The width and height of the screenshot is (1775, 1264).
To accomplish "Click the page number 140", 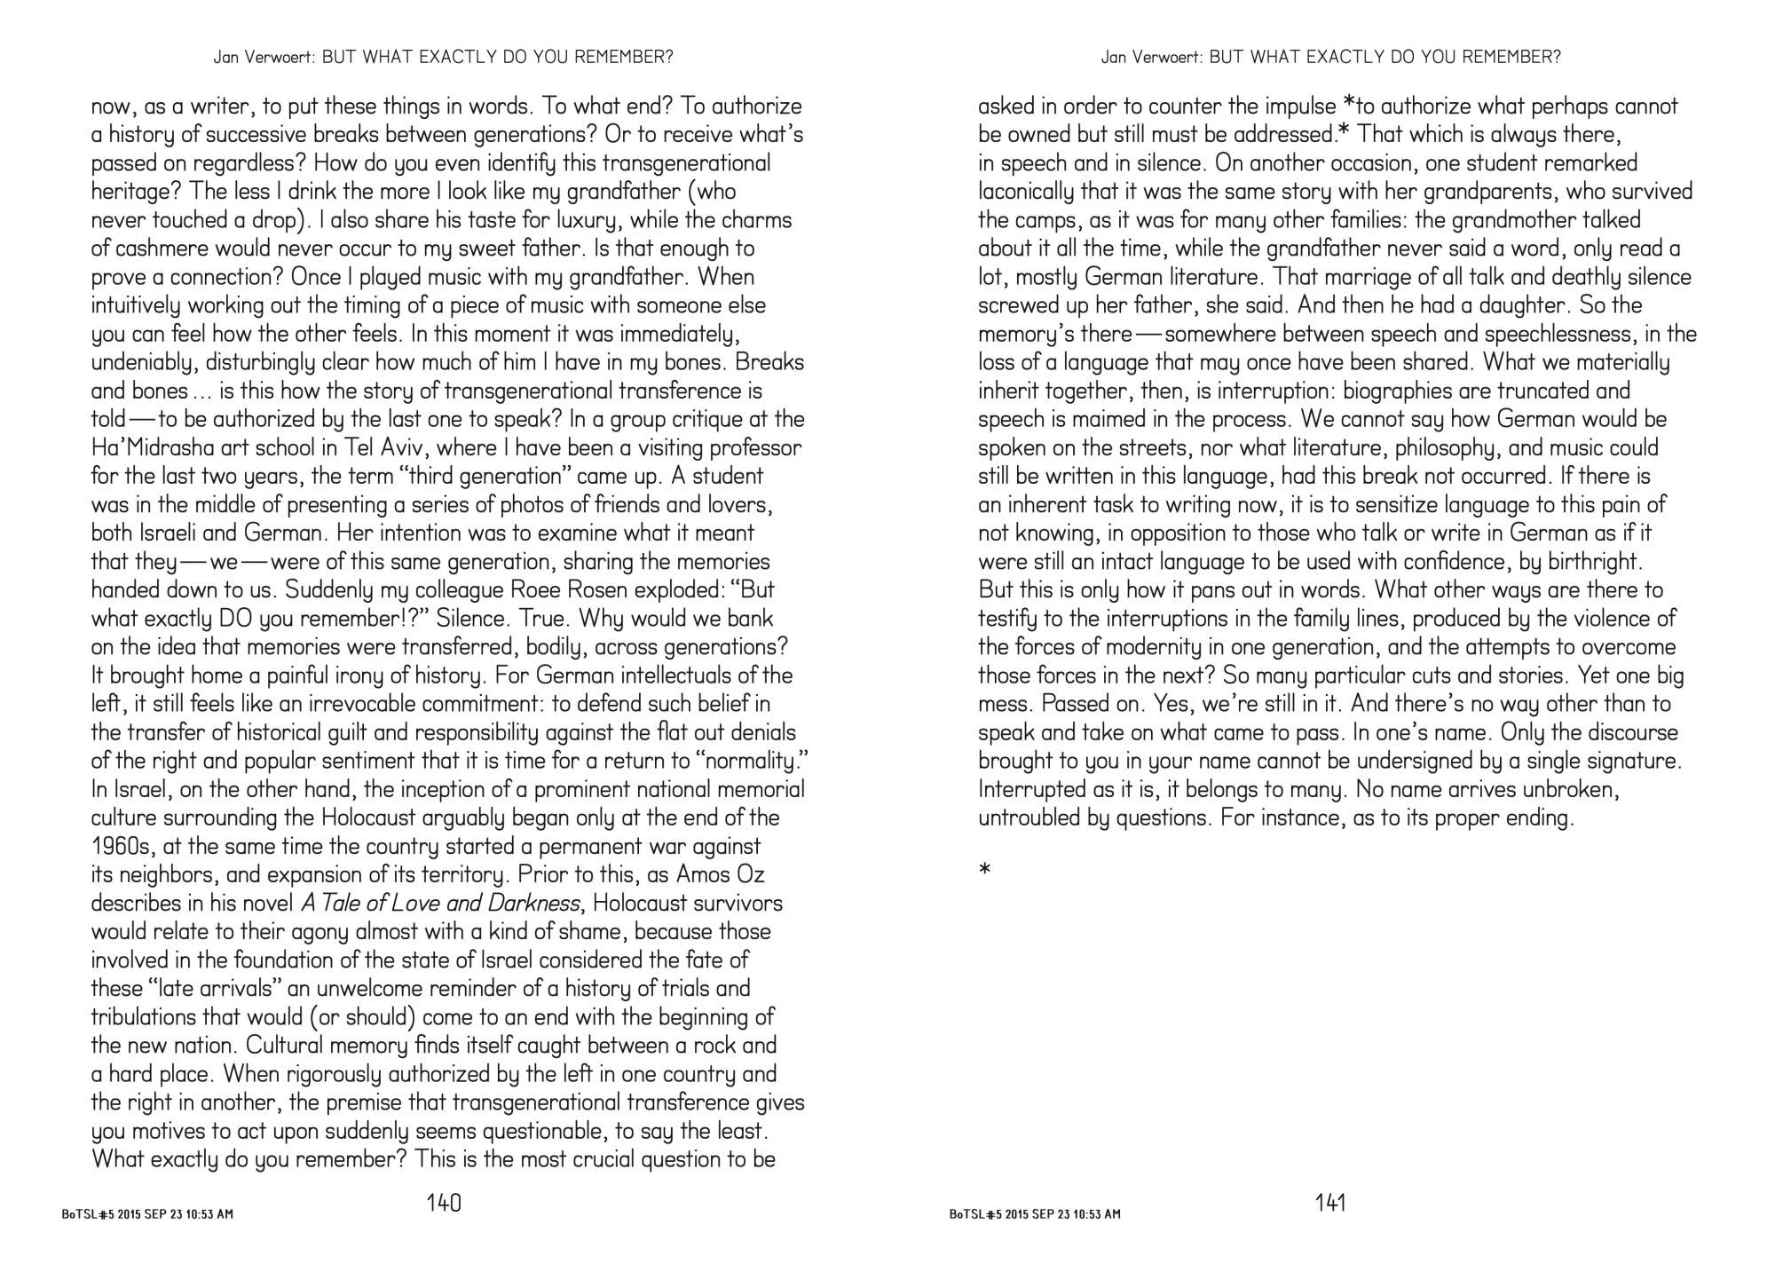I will (444, 1204).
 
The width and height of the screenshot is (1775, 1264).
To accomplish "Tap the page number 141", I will (1330, 1204).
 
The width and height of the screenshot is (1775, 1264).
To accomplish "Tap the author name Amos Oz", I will (714, 875).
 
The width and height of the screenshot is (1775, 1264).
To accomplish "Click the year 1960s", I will (123, 847).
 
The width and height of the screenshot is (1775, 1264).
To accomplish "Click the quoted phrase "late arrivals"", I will (188, 989).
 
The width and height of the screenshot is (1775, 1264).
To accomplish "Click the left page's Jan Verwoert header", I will (443, 58).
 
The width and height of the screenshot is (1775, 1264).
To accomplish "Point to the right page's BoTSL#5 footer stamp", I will (1035, 1214).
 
